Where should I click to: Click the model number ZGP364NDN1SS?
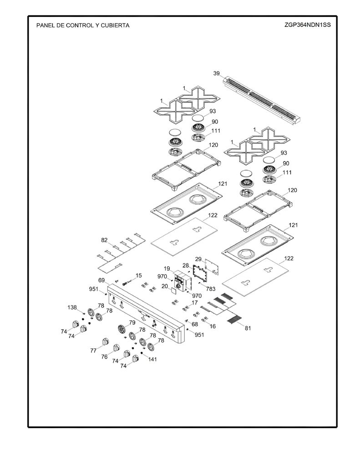[x=307, y=25]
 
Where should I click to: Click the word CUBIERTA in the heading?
[x=115, y=25]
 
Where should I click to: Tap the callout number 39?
[x=217, y=73]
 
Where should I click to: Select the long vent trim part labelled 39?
[x=263, y=100]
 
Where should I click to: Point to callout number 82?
[x=104, y=240]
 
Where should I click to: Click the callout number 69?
[x=101, y=280]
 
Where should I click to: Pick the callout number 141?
[x=152, y=359]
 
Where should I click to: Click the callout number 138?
[x=72, y=307]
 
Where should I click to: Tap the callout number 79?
[x=132, y=323]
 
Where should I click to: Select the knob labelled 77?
[x=105, y=342]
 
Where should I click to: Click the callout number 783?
[x=210, y=289]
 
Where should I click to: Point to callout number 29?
[x=198, y=259]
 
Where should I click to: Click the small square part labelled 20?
[x=172, y=290]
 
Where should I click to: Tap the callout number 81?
[x=248, y=328]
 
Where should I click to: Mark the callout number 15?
[x=138, y=275]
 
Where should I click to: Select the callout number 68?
[x=195, y=324]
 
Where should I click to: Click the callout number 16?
[x=213, y=326]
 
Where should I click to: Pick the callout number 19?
[x=167, y=268]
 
